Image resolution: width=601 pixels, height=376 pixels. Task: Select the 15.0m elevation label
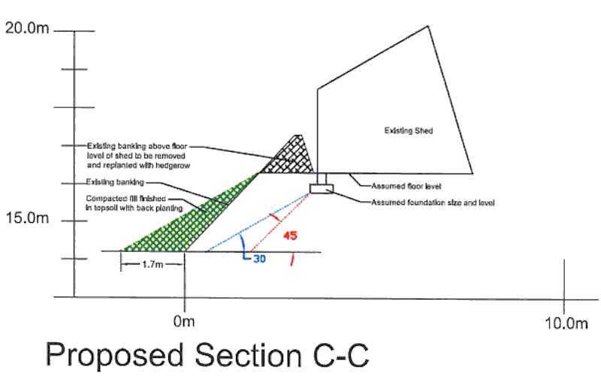[26, 219]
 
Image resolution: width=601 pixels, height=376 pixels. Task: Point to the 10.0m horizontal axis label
[565, 323]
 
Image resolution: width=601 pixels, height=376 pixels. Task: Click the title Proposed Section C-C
[207, 355]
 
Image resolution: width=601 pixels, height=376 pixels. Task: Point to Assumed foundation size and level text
[433, 203]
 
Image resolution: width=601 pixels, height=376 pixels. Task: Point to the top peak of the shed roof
[429, 27]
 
